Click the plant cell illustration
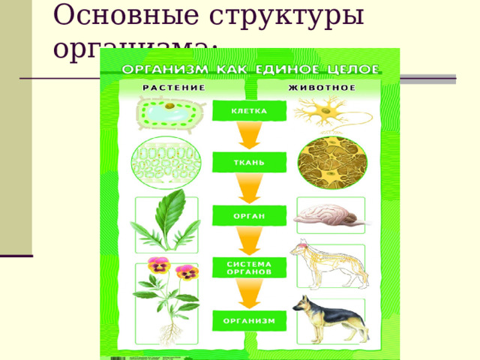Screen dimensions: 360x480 pyautogui.click(x=168, y=114)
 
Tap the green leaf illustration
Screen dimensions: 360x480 pyautogui.click(x=166, y=221)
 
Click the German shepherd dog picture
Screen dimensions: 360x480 pyautogui.click(x=330, y=319)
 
